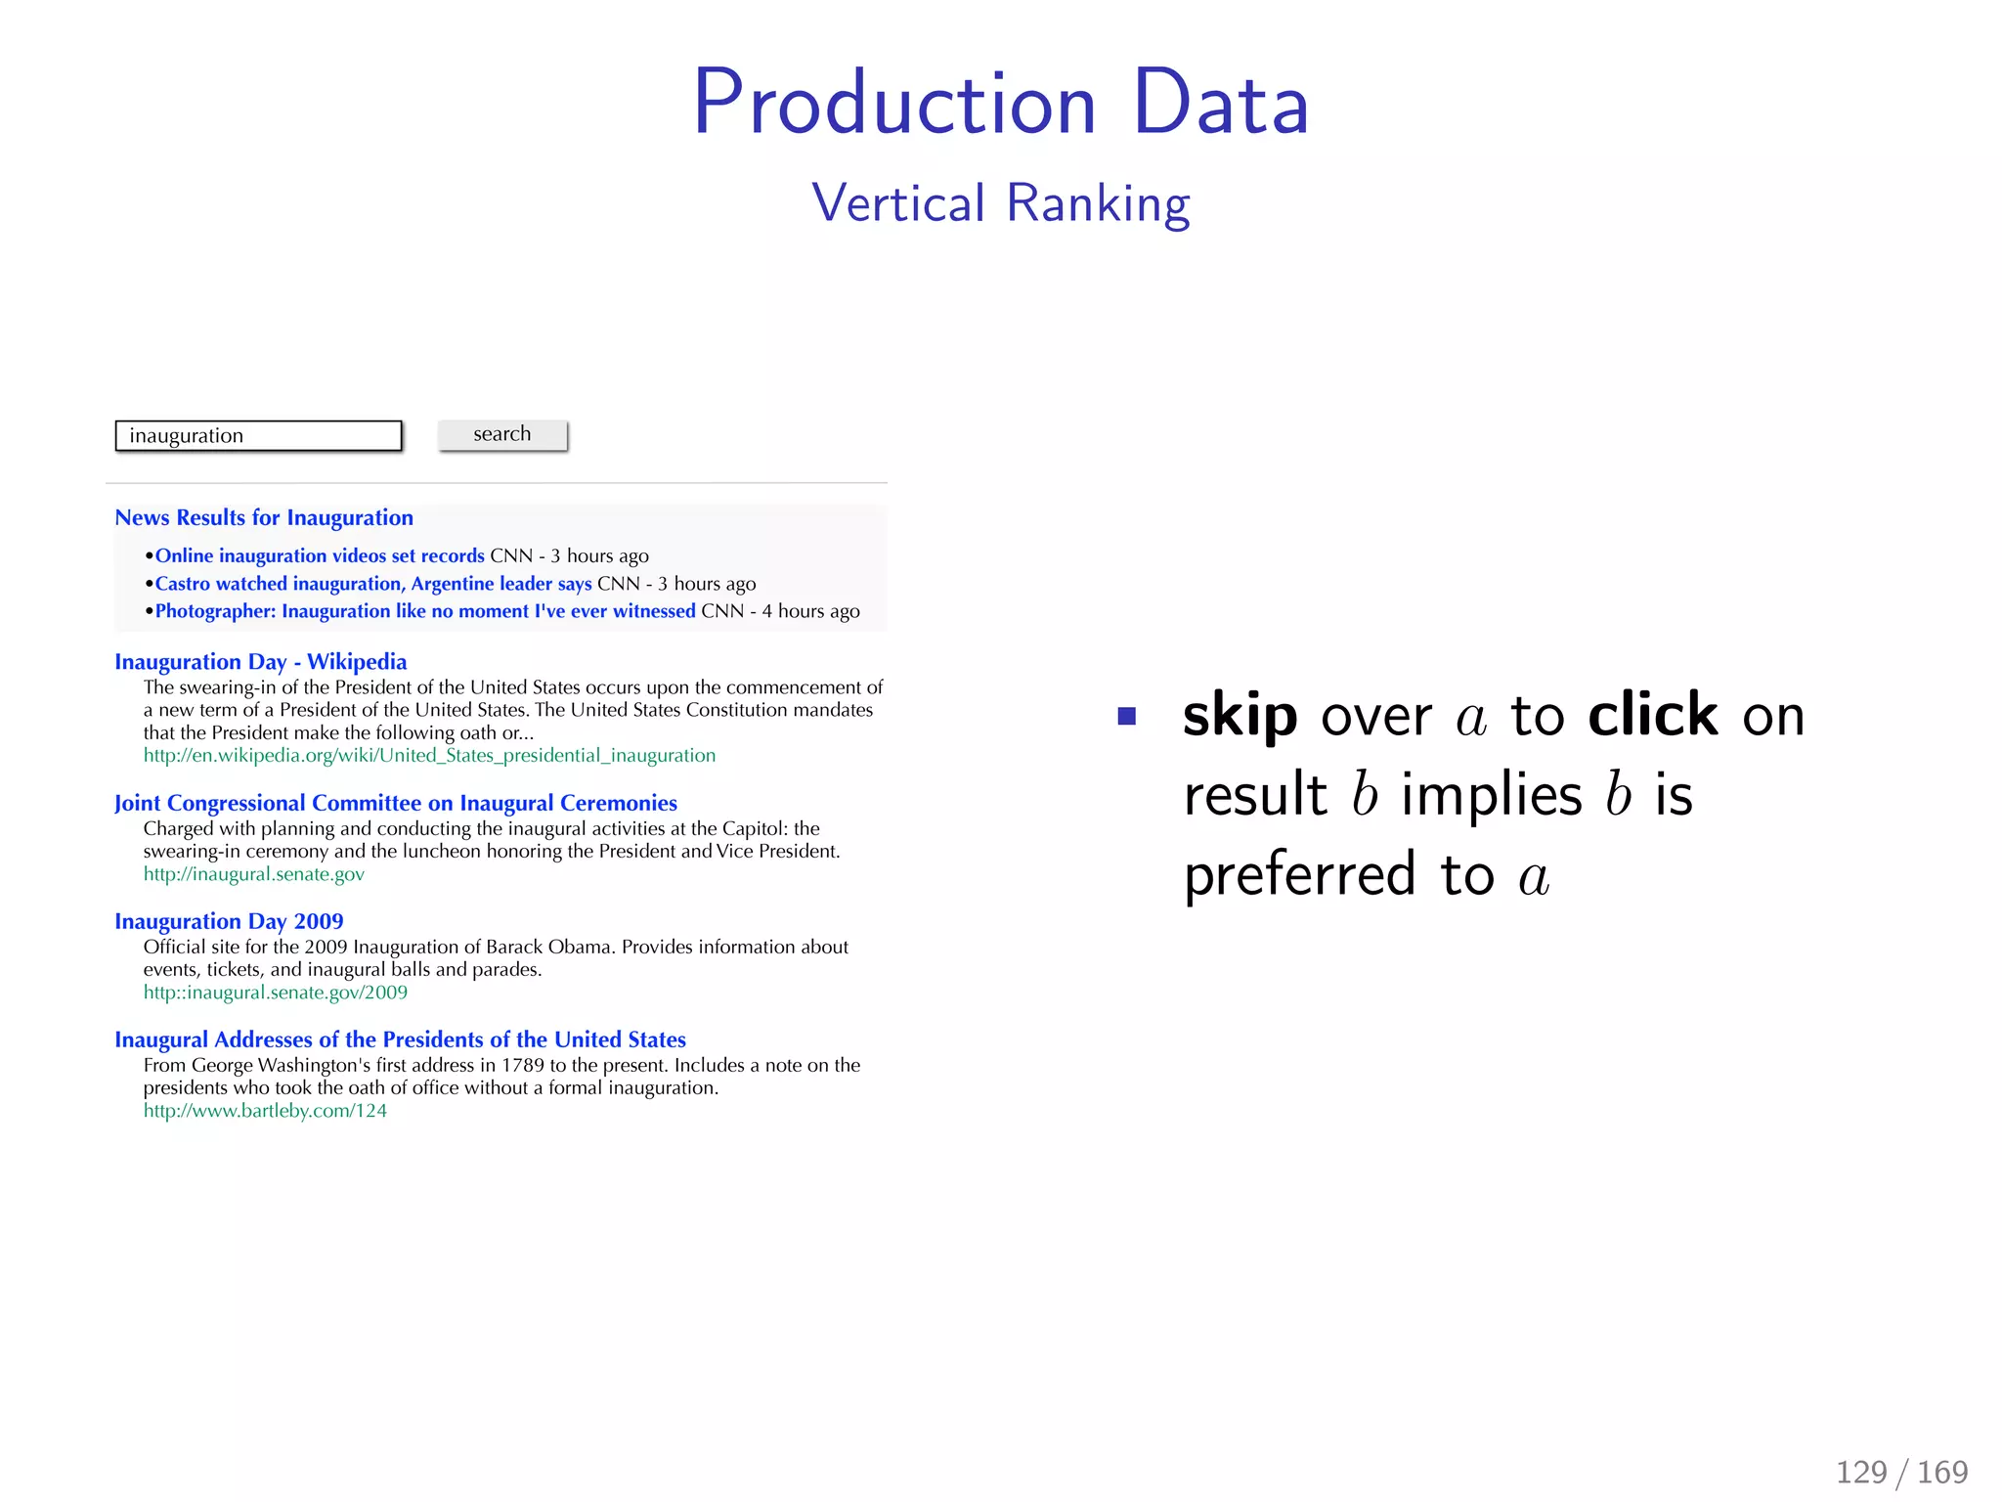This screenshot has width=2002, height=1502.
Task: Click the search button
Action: tap(502, 435)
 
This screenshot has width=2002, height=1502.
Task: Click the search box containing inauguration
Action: tap(258, 436)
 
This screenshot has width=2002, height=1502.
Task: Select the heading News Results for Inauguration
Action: tap(264, 518)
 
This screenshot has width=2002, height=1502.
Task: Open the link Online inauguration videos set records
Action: tap(320, 556)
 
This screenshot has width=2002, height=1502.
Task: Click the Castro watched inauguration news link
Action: tap(373, 584)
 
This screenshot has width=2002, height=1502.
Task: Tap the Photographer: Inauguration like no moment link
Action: tap(425, 611)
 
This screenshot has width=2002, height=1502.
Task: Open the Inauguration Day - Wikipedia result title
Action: tap(260, 662)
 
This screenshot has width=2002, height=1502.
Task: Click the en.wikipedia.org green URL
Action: tap(429, 756)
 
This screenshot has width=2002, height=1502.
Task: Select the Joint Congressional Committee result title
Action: tap(395, 804)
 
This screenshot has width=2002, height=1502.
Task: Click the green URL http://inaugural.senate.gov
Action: tap(253, 874)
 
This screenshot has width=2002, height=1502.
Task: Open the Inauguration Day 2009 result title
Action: tap(229, 922)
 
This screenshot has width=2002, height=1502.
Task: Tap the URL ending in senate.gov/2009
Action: tap(275, 993)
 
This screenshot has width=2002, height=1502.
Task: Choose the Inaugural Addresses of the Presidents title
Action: tap(400, 1040)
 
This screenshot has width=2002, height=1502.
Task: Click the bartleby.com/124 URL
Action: tap(265, 1111)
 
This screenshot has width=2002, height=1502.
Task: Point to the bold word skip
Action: tap(1240, 717)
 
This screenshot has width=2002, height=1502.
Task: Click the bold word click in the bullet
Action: tap(1652, 715)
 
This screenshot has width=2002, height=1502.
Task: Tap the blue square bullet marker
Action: tap(1126, 717)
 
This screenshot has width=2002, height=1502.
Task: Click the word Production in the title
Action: tap(894, 104)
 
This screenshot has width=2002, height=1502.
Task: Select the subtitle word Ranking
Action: tap(1098, 203)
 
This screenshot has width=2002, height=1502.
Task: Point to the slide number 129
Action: tap(1861, 1472)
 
